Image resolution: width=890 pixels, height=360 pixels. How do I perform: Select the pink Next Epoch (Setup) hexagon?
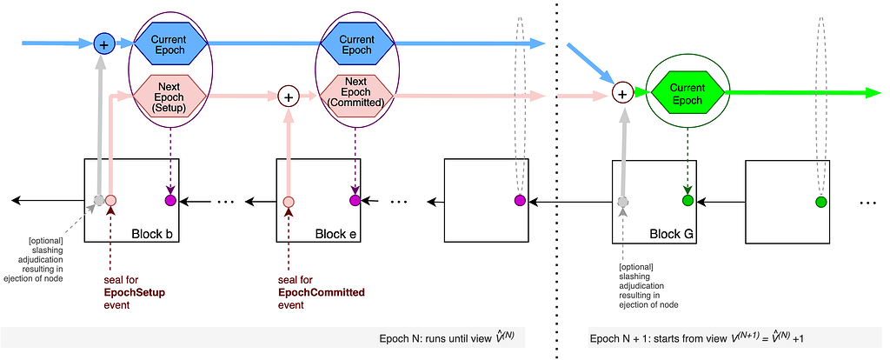pyautogui.click(x=169, y=95)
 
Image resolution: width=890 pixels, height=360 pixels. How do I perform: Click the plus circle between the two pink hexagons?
pyautogui.click(x=288, y=96)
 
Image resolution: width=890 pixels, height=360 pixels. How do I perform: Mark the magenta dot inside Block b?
pyautogui.click(x=170, y=201)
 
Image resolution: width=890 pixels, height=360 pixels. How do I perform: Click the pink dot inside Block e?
pyautogui.click(x=288, y=202)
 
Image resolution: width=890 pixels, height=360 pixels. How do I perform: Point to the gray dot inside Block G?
pyautogui.click(x=621, y=202)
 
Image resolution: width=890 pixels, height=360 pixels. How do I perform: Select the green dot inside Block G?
pyautogui.click(x=687, y=202)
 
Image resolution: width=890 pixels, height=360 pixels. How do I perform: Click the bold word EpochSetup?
pyautogui.click(x=134, y=292)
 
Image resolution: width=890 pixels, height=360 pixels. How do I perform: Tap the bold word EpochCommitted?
pyautogui.click(x=321, y=292)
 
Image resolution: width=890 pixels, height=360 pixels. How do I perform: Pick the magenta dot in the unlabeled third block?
pyautogui.click(x=519, y=202)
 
